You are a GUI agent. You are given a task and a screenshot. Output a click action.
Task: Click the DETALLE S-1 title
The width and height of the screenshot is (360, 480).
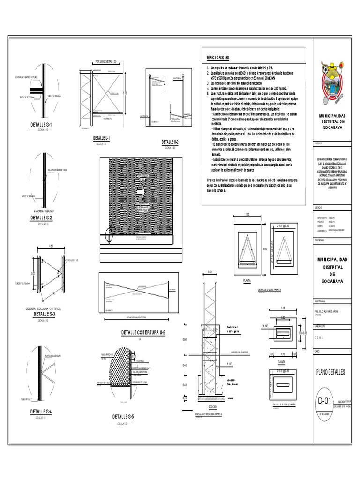click(x=41, y=125)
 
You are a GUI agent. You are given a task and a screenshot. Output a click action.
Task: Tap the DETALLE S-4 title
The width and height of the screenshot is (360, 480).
click(x=41, y=412)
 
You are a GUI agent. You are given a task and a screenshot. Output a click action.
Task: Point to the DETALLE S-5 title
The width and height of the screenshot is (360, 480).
click(x=123, y=416)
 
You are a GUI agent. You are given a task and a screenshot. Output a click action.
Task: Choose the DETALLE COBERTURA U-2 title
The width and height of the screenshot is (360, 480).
click(x=140, y=332)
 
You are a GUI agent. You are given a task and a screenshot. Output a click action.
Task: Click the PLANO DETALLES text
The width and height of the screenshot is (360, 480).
click(x=330, y=372)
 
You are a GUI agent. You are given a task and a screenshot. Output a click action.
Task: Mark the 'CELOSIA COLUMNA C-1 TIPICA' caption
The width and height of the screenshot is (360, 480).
click(x=41, y=308)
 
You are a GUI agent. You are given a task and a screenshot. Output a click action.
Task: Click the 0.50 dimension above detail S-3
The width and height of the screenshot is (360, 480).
click(x=50, y=246)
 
